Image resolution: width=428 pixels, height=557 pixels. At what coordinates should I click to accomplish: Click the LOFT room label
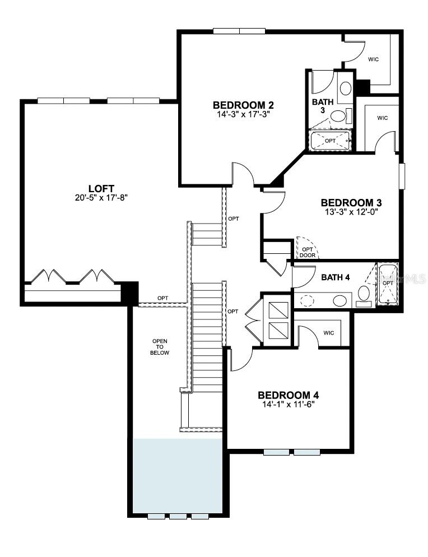101,188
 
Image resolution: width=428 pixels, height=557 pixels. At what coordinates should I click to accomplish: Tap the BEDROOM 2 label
243,105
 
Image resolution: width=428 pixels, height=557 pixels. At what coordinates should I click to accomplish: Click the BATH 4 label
336,277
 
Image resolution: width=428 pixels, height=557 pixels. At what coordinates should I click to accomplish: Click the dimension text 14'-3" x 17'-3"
243,114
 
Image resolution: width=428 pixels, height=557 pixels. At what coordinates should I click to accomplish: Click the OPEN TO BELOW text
161,347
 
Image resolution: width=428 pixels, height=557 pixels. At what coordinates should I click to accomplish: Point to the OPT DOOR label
308,252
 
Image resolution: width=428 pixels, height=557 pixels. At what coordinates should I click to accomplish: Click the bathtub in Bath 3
330,140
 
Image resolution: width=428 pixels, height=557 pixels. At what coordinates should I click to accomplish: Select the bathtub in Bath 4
388,285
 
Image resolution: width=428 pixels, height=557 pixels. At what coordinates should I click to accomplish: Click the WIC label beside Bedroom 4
329,333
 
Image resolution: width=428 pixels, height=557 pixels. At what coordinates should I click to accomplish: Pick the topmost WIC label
374,58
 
